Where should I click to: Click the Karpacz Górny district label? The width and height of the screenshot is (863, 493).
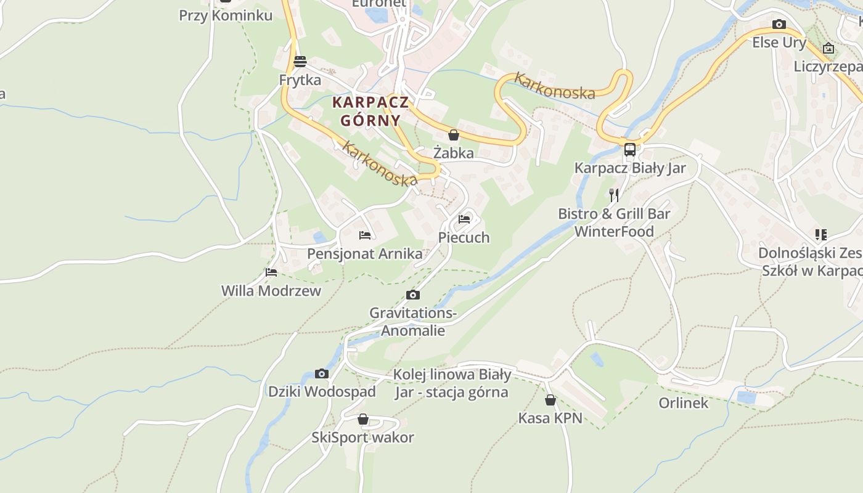(x=370, y=111)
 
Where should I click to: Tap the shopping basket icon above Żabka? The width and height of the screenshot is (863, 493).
(x=454, y=135)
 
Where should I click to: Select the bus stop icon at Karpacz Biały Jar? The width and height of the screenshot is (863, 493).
(x=630, y=149)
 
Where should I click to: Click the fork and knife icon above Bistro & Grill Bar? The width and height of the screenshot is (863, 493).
(x=614, y=195)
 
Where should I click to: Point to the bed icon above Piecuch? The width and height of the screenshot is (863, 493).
(x=464, y=219)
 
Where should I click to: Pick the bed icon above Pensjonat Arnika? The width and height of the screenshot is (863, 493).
(x=365, y=235)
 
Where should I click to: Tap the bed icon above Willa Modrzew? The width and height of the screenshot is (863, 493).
(x=271, y=272)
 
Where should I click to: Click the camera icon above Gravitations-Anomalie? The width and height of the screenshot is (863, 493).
(x=413, y=295)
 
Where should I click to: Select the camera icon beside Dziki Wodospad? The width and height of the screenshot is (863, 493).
(x=321, y=373)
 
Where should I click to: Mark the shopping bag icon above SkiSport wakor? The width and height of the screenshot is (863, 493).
(x=363, y=420)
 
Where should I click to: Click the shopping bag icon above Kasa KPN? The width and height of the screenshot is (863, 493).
(x=550, y=400)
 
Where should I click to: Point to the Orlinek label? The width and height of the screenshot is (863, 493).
(x=684, y=403)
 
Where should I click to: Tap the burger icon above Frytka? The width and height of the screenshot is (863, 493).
(x=300, y=62)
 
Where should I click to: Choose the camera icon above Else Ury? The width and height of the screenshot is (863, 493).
(x=779, y=25)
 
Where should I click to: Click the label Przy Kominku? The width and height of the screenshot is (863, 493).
(x=226, y=15)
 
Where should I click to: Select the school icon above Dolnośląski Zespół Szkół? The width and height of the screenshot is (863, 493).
(x=820, y=235)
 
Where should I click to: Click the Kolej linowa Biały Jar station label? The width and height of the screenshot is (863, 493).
(x=452, y=383)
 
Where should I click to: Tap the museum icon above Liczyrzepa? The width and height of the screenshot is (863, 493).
(x=828, y=48)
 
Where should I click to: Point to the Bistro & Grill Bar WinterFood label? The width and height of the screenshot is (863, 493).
(x=614, y=222)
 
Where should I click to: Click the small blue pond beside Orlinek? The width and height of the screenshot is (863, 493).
(x=746, y=397)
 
